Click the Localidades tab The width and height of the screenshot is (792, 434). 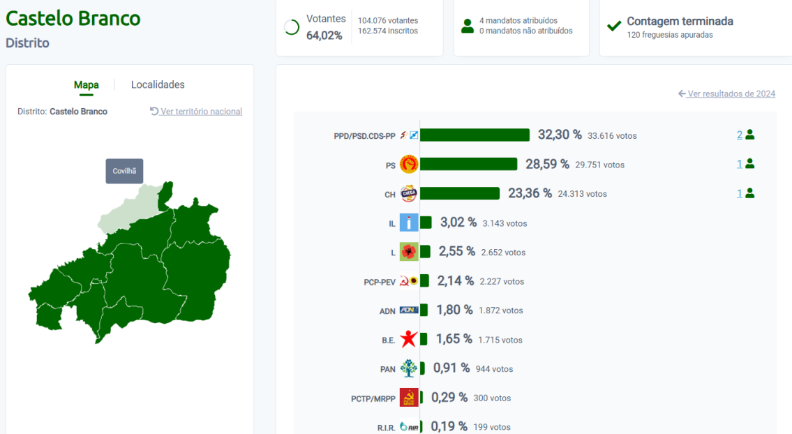pyautogui.click(x=158, y=84)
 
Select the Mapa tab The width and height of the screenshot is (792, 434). pyautogui.click(x=87, y=85)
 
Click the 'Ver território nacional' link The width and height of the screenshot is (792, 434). pyautogui.click(x=200, y=112)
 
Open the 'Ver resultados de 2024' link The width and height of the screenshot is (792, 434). pyautogui.click(x=731, y=93)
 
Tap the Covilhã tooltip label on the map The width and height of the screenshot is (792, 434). pyautogui.click(x=124, y=171)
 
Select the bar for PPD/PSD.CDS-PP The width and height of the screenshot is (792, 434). pyautogui.click(x=475, y=135)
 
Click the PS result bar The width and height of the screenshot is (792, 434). pyautogui.click(x=468, y=164)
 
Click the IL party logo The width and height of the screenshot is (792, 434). pyautogui.click(x=408, y=223)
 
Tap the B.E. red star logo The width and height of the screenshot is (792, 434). pyautogui.click(x=408, y=339)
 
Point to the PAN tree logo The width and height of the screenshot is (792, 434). pyautogui.click(x=408, y=368)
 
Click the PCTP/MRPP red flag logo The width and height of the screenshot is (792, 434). pyautogui.click(x=408, y=398)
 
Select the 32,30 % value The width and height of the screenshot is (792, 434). pyautogui.click(x=560, y=135)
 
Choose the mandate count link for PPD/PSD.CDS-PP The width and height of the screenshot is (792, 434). pyautogui.click(x=740, y=135)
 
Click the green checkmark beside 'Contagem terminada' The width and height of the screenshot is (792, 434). pyautogui.click(x=614, y=27)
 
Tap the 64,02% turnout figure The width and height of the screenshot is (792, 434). pyautogui.click(x=324, y=35)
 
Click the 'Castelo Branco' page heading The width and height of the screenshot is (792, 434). pyautogui.click(x=73, y=18)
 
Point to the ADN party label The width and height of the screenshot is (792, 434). pyautogui.click(x=387, y=311)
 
